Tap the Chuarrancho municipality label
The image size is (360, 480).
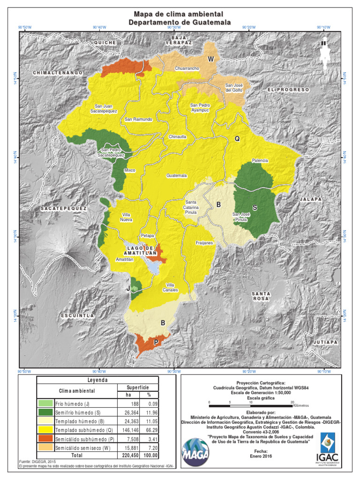click(187, 68)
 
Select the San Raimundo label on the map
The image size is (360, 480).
click(138, 120)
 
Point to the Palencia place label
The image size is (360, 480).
click(260, 160)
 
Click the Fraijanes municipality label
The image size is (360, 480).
click(204, 243)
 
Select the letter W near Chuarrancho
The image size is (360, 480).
click(211, 59)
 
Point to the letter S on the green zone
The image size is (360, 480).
click(255, 207)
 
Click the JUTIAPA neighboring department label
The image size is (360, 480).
click(325, 342)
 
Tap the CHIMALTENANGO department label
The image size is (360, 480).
click(58, 73)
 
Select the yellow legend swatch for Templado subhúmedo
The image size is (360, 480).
click(45, 429)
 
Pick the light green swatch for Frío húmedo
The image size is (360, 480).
click(45, 403)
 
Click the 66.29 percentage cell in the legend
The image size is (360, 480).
click(149, 429)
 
